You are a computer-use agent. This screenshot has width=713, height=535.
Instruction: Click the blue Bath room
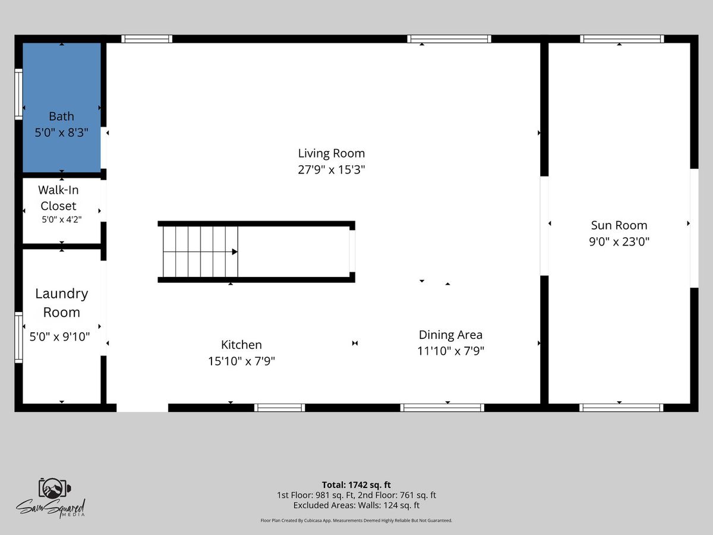[x=61, y=108]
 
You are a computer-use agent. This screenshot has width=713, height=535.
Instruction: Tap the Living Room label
[x=332, y=153]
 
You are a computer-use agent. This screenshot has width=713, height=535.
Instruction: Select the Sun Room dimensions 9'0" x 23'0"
[x=619, y=242]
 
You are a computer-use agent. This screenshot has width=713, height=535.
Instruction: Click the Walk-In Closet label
[x=58, y=198]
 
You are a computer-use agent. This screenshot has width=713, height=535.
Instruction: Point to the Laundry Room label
[x=61, y=303]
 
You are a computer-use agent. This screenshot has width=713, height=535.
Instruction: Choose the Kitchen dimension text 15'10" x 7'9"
[x=241, y=361]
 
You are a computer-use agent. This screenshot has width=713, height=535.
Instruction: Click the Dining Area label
[x=450, y=335]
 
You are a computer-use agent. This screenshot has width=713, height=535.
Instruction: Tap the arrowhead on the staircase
[x=235, y=251]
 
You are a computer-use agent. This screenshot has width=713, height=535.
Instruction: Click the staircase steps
[x=200, y=251]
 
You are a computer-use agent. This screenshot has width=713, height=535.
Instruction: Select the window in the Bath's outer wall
[x=18, y=94]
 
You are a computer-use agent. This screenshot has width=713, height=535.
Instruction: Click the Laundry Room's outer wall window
[x=18, y=338]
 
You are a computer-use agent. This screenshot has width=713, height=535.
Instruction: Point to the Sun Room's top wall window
[x=621, y=39]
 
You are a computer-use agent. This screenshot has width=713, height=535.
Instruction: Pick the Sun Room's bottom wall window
[x=621, y=408]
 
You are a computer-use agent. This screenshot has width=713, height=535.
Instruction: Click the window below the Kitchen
[x=279, y=408]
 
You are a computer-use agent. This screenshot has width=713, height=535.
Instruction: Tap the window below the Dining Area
[x=442, y=408]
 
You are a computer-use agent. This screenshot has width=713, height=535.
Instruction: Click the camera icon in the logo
[x=54, y=488]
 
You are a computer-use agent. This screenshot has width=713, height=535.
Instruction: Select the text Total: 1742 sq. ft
[x=356, y=484]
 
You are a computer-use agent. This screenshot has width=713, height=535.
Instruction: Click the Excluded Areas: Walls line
[x=356, y=505]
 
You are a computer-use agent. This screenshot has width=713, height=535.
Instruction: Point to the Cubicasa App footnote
[x=356, y=520]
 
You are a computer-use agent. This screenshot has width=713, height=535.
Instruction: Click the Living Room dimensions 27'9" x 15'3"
[x=332, y=170]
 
